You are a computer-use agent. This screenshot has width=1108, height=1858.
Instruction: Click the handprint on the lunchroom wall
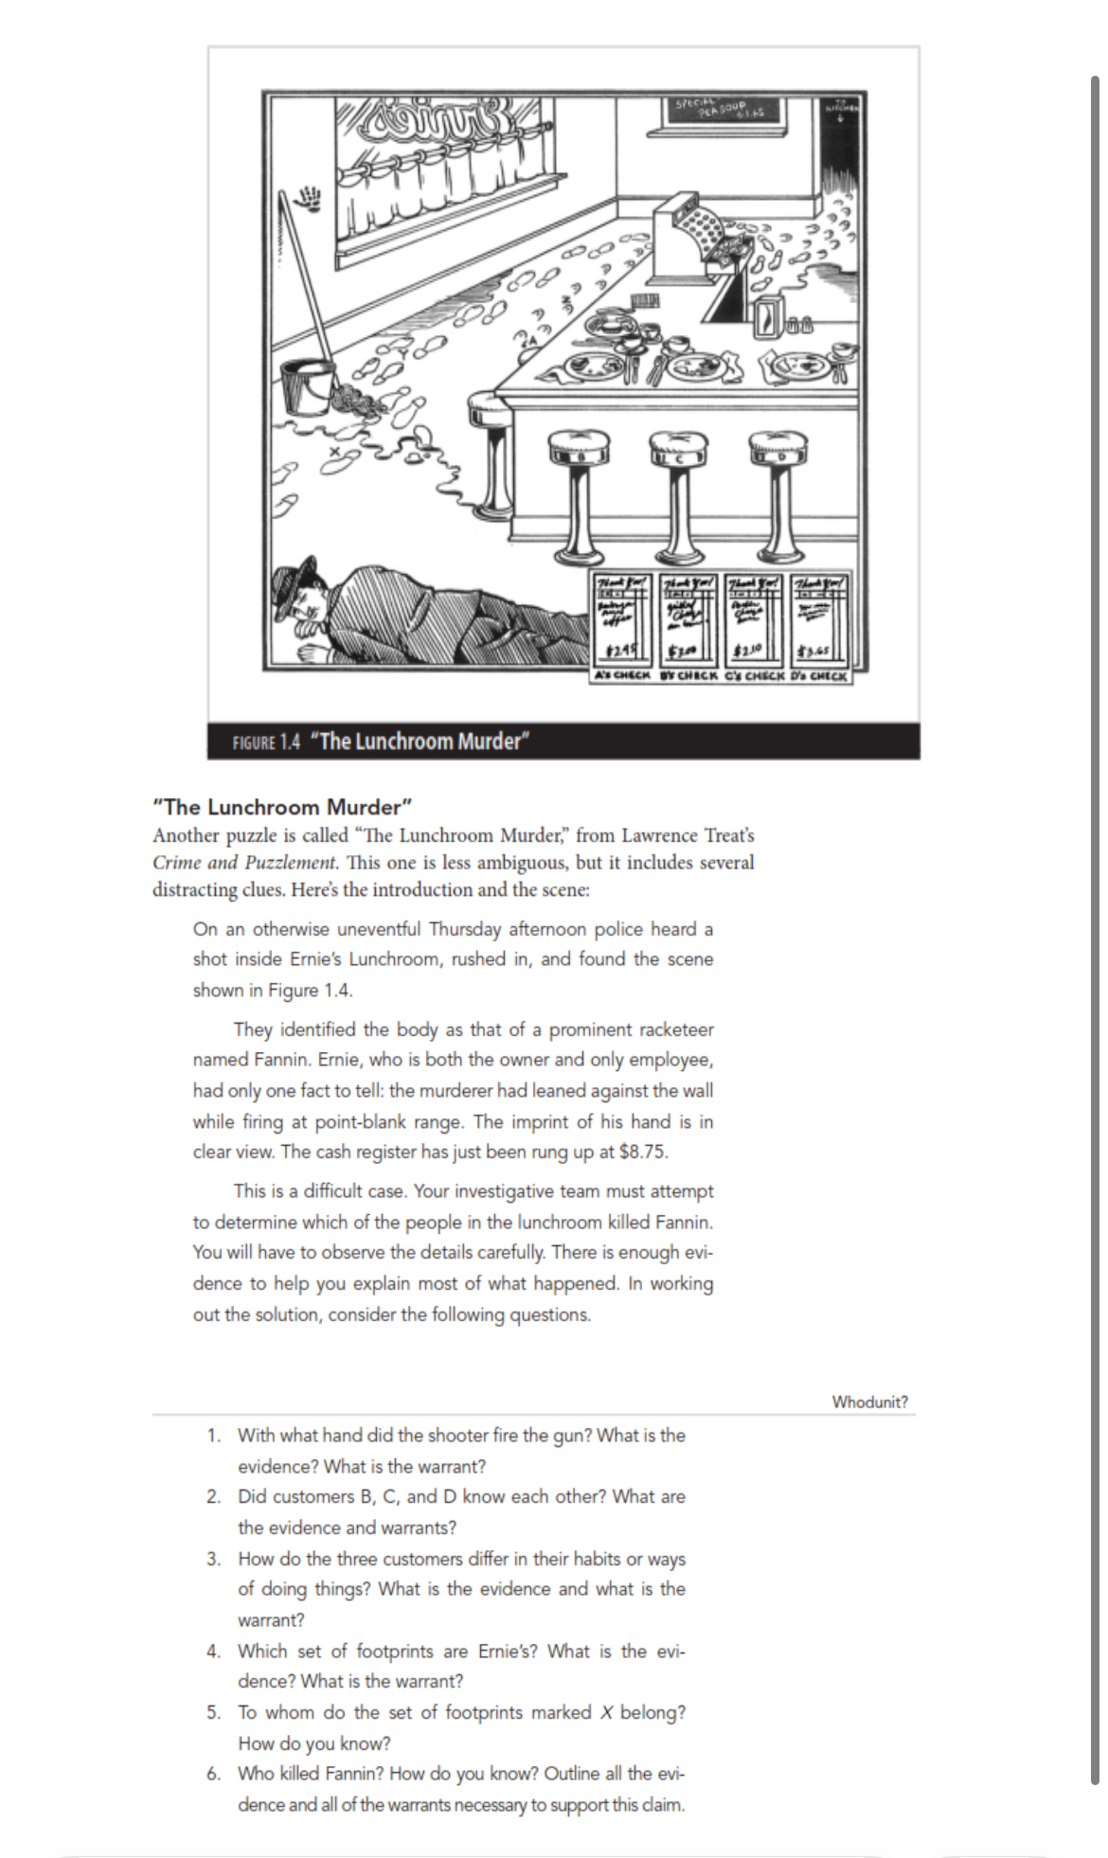pos(310,198)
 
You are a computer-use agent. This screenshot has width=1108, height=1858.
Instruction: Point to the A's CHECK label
pos(621,676)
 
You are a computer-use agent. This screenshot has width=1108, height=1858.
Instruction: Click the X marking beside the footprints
pos(333,452)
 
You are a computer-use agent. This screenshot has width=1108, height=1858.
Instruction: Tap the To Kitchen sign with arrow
pos(839,110)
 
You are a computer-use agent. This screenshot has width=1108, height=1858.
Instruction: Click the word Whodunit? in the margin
pos(869,1402)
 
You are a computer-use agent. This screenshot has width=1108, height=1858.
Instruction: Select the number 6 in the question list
pos(214,1773)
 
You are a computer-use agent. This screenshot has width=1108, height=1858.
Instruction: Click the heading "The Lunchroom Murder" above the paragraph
pos(283,807)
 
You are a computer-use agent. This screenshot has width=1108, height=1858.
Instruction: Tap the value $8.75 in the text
pos(643,1152)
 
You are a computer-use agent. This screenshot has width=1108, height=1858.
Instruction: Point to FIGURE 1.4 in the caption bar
pos(266,741)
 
